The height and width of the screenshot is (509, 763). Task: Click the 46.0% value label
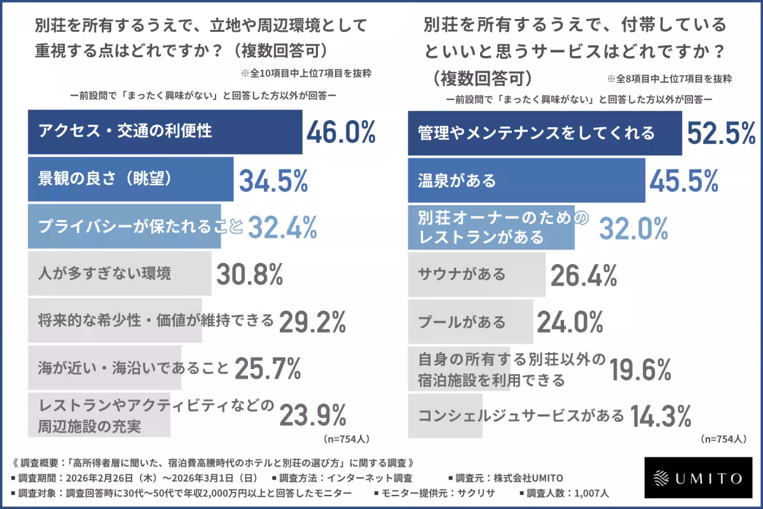(341, 132)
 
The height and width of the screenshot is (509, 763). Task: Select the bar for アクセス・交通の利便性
(165, 132)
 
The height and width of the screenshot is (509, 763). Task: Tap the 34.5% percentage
(273, 180)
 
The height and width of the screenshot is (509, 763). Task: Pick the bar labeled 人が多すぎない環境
(120, 274)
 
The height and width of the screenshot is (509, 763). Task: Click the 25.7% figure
(268, 368)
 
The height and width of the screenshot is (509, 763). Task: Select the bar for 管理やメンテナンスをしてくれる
(544, 132)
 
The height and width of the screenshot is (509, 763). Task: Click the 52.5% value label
(721, 132)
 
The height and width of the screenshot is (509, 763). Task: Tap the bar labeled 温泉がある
(526, 180)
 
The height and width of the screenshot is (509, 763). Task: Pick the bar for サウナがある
(476, 274)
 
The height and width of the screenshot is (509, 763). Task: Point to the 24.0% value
(570, 321)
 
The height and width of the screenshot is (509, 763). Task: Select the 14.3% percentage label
(661, 416)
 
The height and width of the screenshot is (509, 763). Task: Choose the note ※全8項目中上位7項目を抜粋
(670, 80)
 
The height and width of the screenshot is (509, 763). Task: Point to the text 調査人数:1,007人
(568, 493)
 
